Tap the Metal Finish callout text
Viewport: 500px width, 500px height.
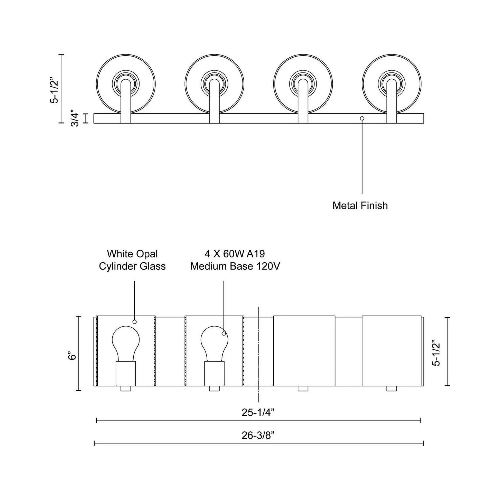(360, 206)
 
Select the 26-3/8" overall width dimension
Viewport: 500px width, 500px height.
(258, 436)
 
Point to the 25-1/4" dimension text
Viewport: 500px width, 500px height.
(258, 413)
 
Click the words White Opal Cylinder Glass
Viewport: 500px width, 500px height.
(132, 260)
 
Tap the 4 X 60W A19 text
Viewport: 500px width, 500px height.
(235, 254)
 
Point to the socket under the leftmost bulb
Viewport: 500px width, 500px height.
(126, 373)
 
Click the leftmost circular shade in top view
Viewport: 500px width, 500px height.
(126, 84)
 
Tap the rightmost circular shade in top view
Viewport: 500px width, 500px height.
(391, 84)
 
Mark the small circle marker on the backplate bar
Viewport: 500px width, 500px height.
(362, 118)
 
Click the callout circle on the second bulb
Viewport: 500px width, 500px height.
(224, 334)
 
